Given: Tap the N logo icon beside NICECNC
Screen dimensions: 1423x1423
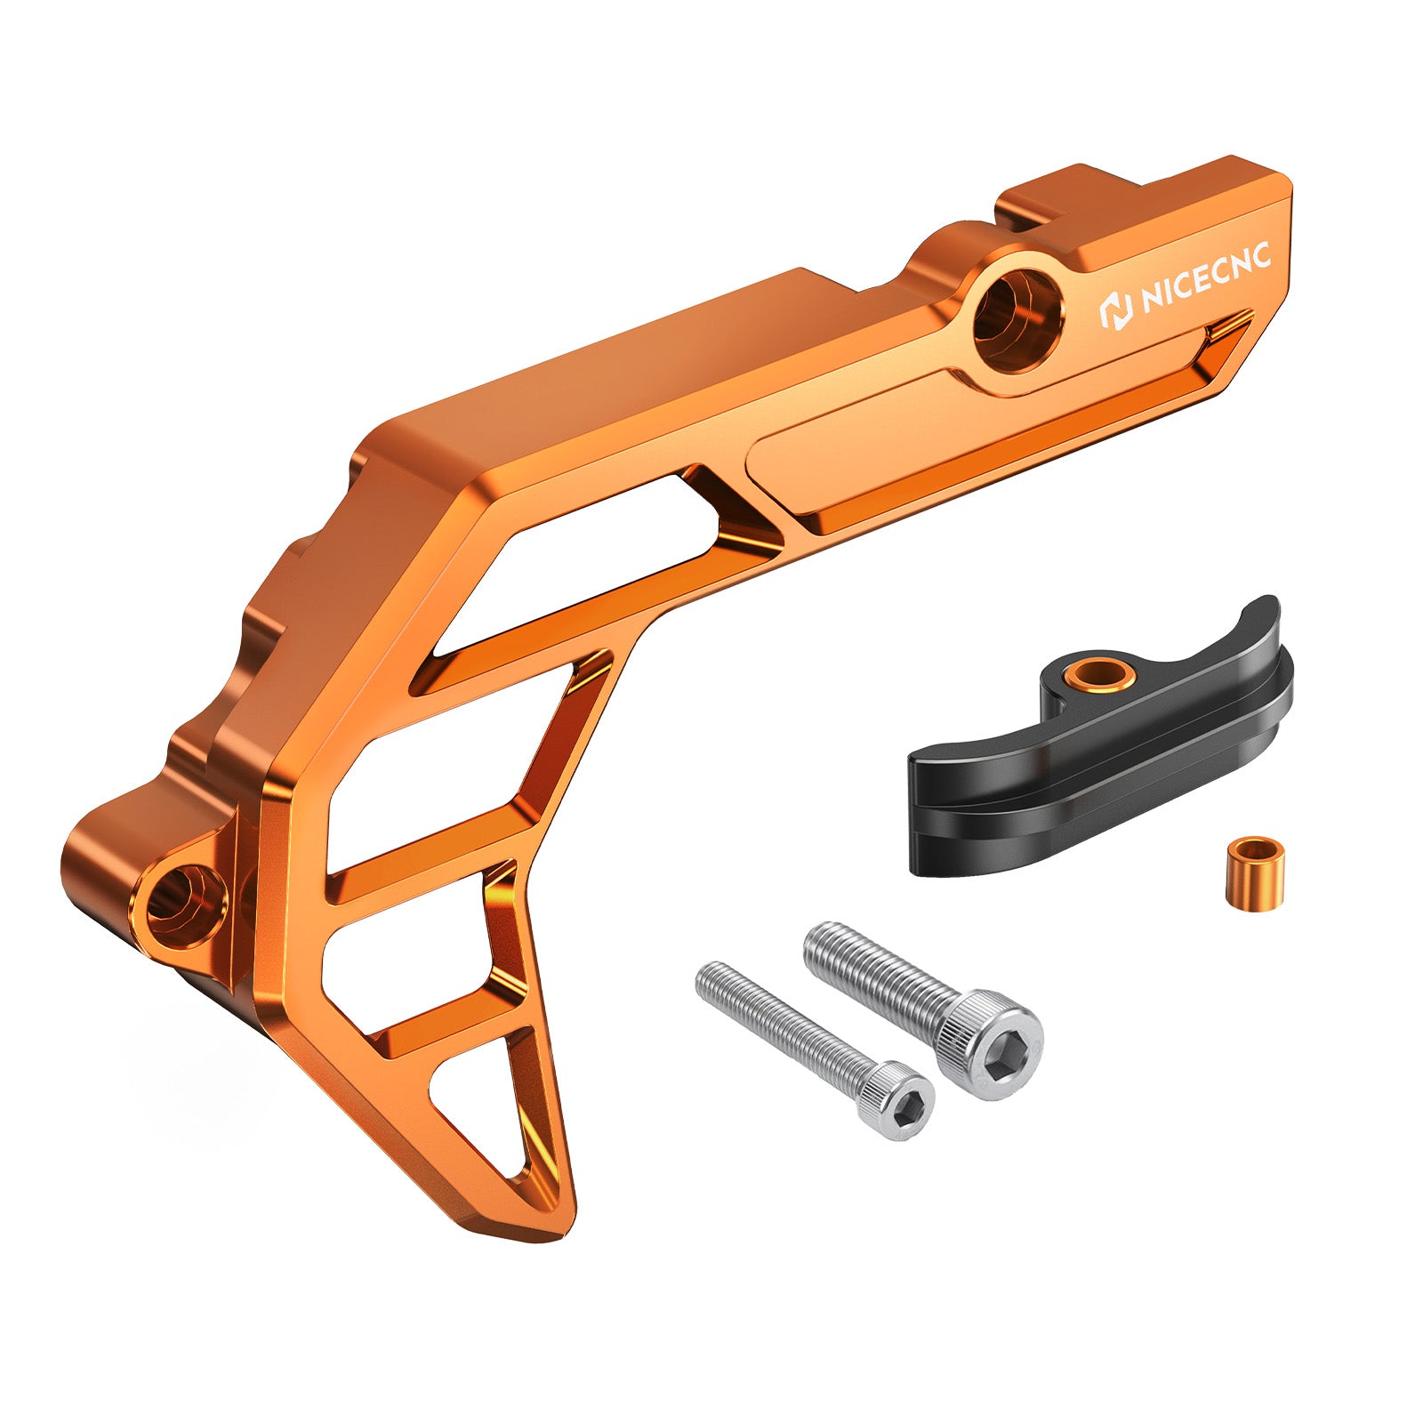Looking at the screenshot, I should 1114,310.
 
